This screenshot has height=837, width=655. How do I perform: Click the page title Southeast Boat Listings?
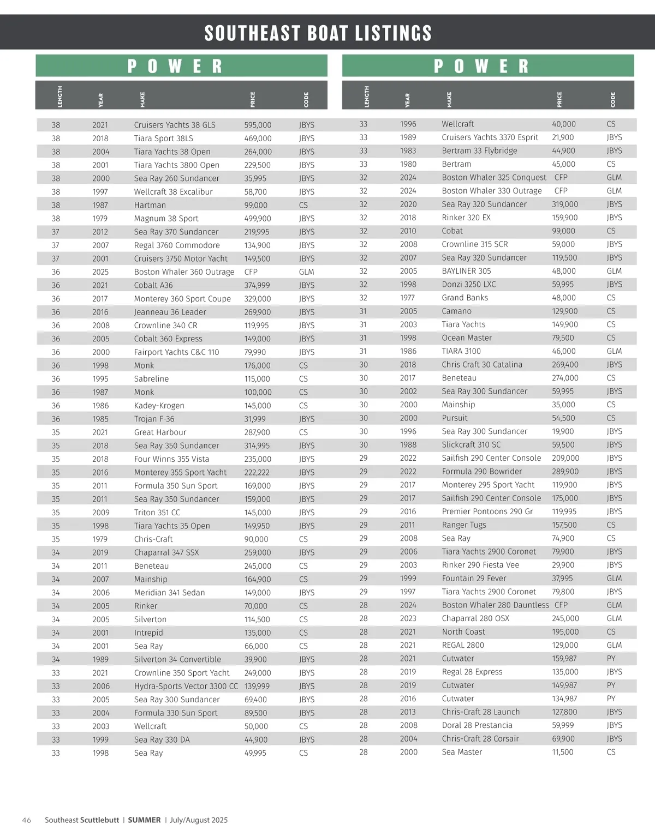coord(318,33)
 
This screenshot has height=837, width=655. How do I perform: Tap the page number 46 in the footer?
coord(26,820)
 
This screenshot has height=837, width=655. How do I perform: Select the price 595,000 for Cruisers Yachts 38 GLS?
coord(258,125)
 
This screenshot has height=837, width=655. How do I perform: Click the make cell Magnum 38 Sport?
coord(166,219)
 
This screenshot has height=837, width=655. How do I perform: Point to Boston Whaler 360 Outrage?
coord(184,272)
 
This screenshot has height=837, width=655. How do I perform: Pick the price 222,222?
coord(258,472)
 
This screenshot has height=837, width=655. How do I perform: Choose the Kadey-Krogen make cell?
coord(159,406)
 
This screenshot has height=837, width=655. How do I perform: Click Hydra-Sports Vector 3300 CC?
coord(186,686)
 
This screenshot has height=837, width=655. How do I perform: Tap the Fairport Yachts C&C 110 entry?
coord(176,352)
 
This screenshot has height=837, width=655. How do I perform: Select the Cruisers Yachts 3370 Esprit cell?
coord(490,137)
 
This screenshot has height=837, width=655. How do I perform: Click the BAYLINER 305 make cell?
coord(466,271)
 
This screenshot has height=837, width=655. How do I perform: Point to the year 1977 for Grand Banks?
coord(407,298)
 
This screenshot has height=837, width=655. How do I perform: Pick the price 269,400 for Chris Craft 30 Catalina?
coord(565,365)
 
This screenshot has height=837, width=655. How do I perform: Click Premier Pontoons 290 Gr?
coord(487,511)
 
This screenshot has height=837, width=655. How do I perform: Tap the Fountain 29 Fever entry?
coord(474,579)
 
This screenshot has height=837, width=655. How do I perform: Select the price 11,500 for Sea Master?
coord(562,752)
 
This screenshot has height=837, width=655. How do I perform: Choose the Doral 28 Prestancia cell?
coord(477,725)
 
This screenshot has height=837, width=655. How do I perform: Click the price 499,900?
coord(258,219)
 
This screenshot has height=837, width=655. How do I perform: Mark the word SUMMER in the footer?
coord(144,820)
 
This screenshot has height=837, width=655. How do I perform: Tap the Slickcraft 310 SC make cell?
coord(471,445)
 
